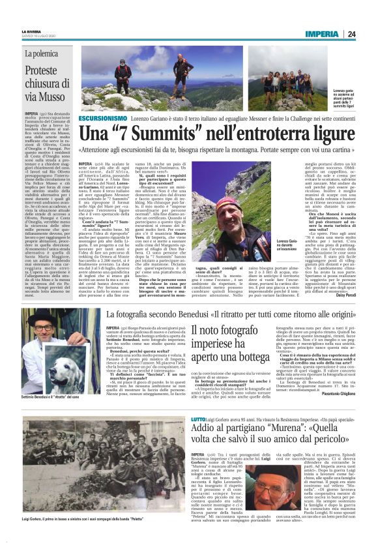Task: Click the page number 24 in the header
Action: click(351, 34)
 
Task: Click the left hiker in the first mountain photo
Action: click(121, 77)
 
